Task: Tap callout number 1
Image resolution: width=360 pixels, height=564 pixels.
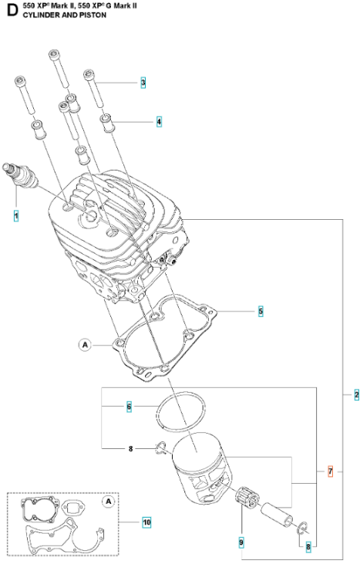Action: pyautogui.click(x=16, y=216)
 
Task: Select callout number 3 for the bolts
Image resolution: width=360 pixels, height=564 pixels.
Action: pyautogui.click(x=143, y=83)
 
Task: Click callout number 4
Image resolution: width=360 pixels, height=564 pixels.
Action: pyautogui.click(x=159, y=122)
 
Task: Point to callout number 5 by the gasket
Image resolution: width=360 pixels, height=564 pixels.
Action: pyautogui.click(x=261, y=311)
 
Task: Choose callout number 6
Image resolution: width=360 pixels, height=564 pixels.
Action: pyautogui.click(x=129, y=407)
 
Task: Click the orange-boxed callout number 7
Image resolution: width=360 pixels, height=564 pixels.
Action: pyautogui.click(x=331, y=471)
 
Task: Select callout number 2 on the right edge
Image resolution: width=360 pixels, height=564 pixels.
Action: pyautogui.click(x=356, y=394)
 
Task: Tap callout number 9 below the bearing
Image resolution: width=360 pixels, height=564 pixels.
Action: pyautogui.click(x=241, y=542)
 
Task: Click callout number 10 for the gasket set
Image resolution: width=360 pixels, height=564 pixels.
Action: pyautogui.click(x=146, y=522)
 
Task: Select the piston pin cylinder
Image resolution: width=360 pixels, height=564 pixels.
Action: pyautogui.click(x=277, y=514)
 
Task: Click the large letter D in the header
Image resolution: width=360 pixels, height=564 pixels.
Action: pyautogui.click(x=12, y=11)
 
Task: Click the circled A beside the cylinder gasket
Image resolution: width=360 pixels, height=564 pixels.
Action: pyautogui.click(x=85, y=345)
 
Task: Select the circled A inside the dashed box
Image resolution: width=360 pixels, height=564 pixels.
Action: pyautogui.click(x=109, y=502)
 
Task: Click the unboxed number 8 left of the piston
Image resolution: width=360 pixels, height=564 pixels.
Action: pyautogui.click(x=131, y=448)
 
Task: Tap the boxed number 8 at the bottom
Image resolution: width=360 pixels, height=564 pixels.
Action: pyautogui.click(x=308, y=547)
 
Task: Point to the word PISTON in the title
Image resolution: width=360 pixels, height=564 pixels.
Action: pyautogui.click(x=93, y=15)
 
